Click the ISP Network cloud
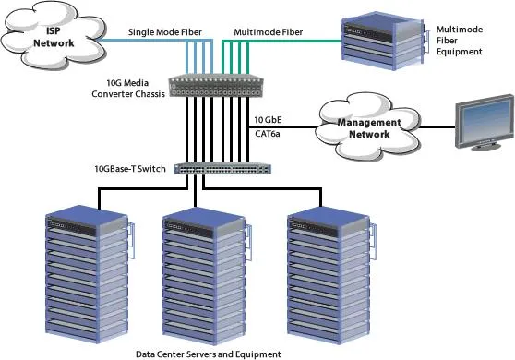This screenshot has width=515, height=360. coord(54,35)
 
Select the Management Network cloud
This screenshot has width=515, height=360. coord(368,127)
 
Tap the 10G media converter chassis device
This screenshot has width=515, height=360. coord(216,86)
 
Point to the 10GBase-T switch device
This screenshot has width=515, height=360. coord(222,169)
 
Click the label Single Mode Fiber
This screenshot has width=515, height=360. coord(165,32)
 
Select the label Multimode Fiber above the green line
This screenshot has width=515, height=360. coord(269,32)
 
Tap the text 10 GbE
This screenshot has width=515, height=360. coord(268,120)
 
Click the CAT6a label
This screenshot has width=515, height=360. coord(268,134)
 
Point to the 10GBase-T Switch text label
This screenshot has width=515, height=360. coord(130,169)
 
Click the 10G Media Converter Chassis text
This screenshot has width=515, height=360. coord(128,89)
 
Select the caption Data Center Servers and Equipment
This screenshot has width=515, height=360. coord(209,354)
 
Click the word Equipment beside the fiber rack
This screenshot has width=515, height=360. coord(460,52)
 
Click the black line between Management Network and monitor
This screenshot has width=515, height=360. coord(437,126)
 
